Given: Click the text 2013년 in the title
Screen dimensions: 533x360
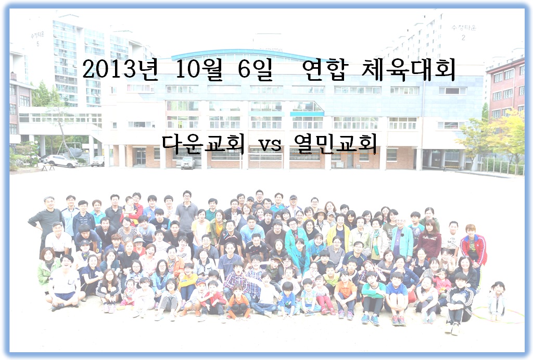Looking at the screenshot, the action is [x=120, y=69].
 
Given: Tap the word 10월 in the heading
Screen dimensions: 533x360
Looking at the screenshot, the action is [x=199, y=69].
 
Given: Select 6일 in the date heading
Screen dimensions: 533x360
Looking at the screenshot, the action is [x=255, y=69].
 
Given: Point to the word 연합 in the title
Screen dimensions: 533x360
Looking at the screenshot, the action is [x=325, y=70].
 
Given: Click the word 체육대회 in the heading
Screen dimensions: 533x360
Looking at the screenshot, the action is [x=408, y=70].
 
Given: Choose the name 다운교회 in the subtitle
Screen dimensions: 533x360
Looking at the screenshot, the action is [x=203, y=144].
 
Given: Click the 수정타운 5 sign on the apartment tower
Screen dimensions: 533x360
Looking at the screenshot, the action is [x=37, y=39].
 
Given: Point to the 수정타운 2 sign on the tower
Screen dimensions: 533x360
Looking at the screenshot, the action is [x=464, y=32].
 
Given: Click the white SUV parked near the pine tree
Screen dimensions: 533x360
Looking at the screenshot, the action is [x=60, y=161].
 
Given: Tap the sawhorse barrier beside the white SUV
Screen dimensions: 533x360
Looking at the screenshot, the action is [x=48, y=167].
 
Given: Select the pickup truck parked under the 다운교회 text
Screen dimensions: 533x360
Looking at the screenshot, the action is [x=188, y=163].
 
